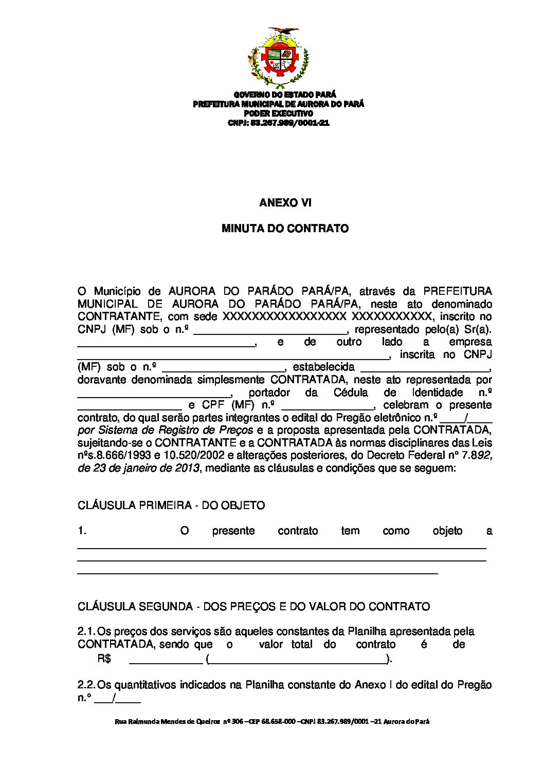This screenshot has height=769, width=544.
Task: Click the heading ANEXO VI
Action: tap(285, 203)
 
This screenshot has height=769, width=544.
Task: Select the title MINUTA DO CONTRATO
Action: tap(285, 229)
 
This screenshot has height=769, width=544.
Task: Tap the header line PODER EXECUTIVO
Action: tap(278, 114)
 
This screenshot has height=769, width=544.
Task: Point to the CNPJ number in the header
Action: tap(290, 123)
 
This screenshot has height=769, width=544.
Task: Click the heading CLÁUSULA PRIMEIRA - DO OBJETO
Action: tap(171, 505)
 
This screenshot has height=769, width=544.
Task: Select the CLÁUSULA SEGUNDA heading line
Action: tap(253, 607)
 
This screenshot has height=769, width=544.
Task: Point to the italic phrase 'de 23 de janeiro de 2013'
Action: tap(138, 468)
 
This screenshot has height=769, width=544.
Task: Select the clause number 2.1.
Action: tap(86, 632)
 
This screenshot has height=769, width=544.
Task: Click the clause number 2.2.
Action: tap(86, 685)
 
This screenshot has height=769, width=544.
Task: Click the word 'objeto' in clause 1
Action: tap(447, 531)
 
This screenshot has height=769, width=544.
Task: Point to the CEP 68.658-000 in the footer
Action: tap(273, 722)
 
